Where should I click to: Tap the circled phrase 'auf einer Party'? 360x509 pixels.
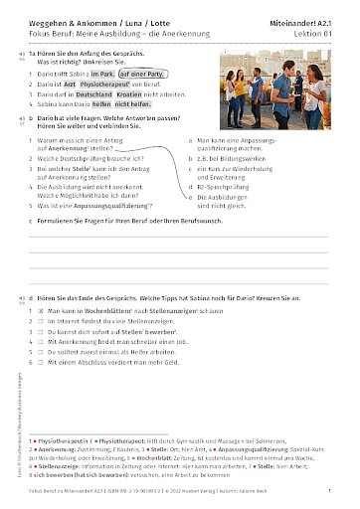point(143,73)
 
